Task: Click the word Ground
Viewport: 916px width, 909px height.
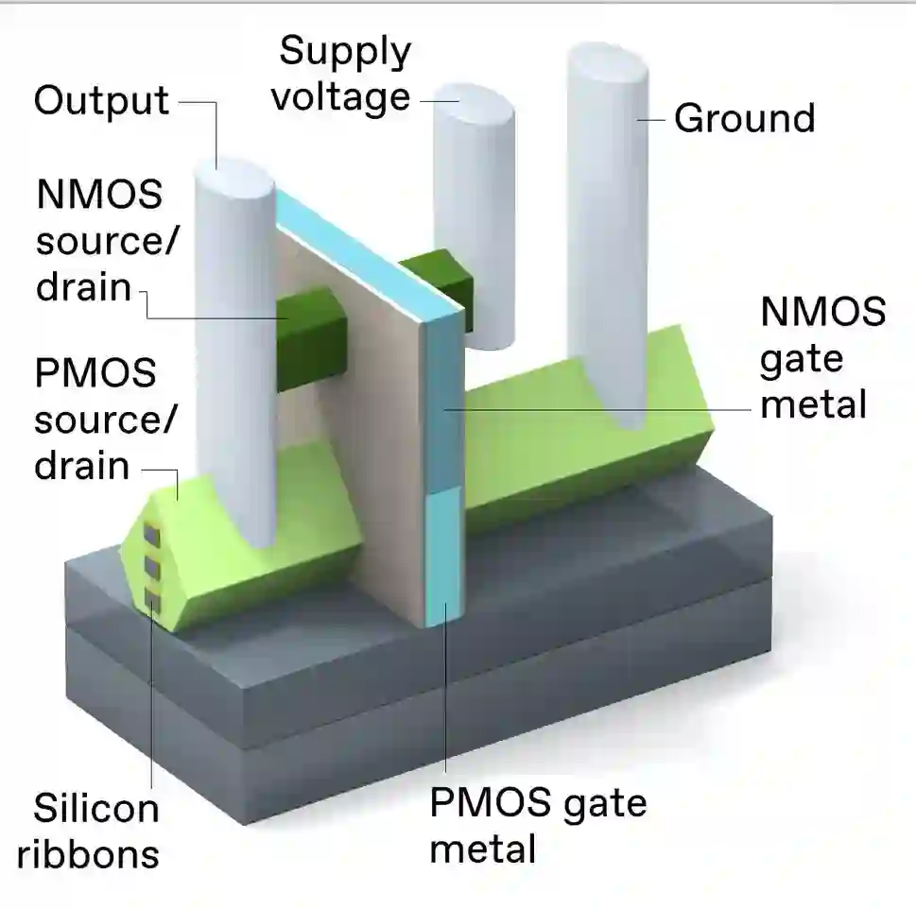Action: (x=744, y=119)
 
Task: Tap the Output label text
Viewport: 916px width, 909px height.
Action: (x=101, y=100)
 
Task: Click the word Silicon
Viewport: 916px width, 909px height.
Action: (x=96, y=809)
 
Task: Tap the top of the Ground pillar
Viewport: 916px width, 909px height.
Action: (x=608, y=64)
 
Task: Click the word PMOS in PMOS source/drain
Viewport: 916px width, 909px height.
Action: (x=95, y=374)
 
